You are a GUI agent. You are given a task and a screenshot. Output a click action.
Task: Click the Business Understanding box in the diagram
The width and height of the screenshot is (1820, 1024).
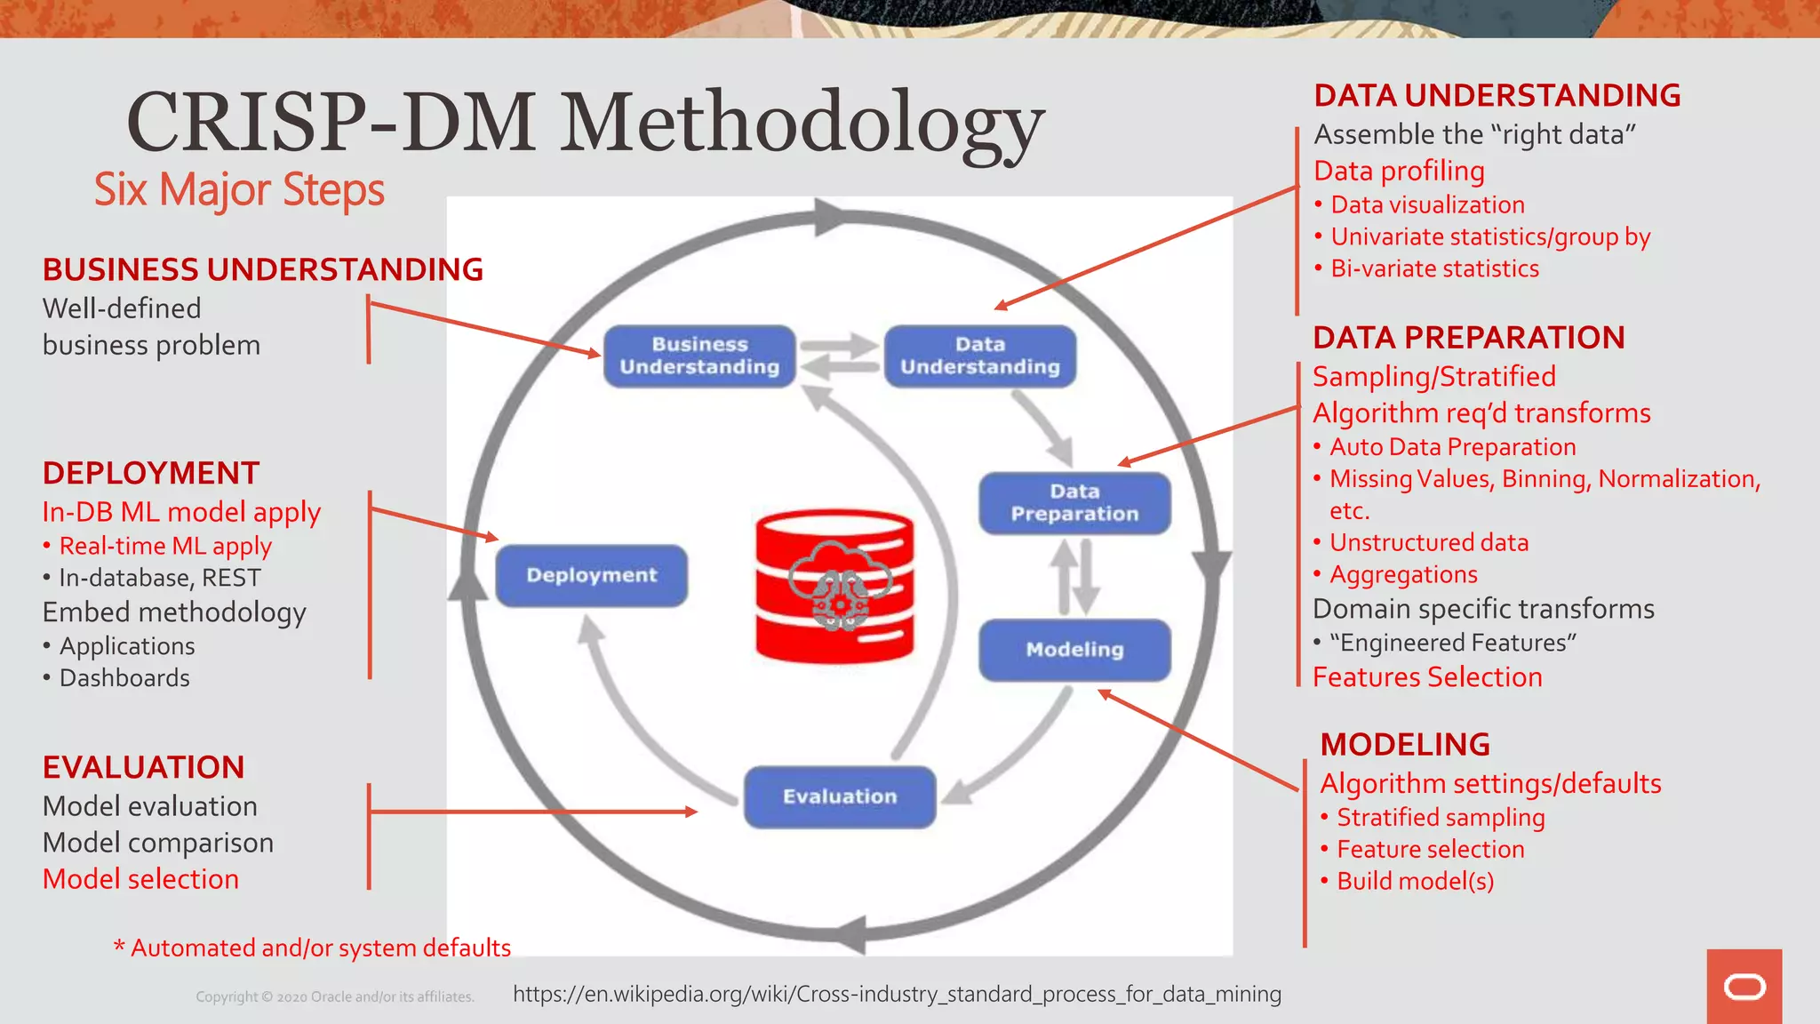[699, 356]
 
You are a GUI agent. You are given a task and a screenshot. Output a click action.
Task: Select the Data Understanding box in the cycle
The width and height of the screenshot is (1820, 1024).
[980, 356]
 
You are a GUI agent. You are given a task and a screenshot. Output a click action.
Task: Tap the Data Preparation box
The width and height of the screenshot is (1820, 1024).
[1074, 503]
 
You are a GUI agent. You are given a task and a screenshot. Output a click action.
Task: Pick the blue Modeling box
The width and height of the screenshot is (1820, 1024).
[1074, 650]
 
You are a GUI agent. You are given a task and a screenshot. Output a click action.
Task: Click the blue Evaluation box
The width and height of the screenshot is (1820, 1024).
[840, 796]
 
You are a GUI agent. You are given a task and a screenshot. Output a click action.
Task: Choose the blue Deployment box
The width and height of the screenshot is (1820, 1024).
[592, 575]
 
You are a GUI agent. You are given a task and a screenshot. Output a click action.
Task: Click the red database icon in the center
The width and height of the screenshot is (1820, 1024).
[834, 587]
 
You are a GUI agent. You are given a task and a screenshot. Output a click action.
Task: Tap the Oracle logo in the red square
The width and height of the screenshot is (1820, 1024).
[1744, 987]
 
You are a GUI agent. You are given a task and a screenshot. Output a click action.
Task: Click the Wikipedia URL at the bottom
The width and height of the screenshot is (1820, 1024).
[897, 994]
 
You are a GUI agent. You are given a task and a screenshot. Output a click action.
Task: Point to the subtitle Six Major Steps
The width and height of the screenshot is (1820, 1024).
[239, 189]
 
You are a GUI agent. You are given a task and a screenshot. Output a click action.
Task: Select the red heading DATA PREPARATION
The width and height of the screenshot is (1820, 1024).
[1469, 338]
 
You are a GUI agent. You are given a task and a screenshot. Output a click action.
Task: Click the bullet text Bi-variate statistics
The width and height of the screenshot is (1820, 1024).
[1434, 268]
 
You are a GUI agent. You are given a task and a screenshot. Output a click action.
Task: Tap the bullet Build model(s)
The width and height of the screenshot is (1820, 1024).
[1415, 881]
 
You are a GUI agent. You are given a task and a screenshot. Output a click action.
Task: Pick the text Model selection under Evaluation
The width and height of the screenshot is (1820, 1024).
[141, 879]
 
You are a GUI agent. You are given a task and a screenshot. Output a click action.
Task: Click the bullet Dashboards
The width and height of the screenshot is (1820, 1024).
[124, 678]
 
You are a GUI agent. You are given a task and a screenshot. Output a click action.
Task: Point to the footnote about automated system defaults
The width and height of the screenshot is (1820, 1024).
[313, 948]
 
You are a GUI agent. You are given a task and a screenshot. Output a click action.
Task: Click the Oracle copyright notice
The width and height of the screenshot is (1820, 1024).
[335, 997]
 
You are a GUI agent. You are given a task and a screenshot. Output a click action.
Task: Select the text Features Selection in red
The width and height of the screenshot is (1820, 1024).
[1427, 677]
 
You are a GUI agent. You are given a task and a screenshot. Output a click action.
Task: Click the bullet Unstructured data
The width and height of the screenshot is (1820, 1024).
[1428, 542]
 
